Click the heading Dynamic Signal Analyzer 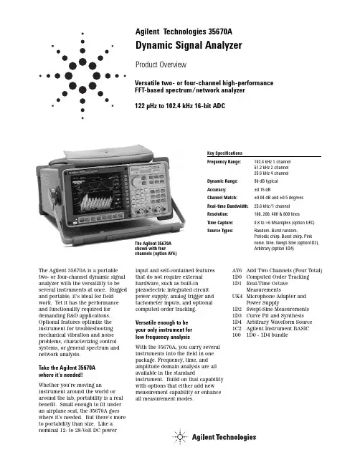coord(189,45)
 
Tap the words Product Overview coord(161,64)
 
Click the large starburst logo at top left coord(82,76)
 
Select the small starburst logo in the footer coord(180,436)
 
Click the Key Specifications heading coord(224,153)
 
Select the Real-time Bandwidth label coord(227,206)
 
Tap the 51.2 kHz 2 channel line coord(271,168)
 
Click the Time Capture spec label coord(220,222)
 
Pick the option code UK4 coord(237,296)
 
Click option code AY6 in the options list coord(237,270)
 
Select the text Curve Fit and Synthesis coord(275,315)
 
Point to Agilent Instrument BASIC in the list coord(278,328)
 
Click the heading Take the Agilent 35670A coord(67,368)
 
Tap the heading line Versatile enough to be coord(162,322)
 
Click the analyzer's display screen coord(96,193)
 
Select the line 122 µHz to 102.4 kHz coord(180,106)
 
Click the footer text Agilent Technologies coord(224,437)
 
